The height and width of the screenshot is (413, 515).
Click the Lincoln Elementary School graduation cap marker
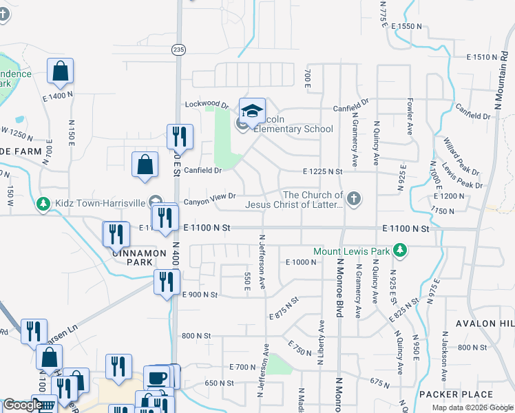click(252, 111)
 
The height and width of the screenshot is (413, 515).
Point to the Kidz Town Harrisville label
click(102, 204)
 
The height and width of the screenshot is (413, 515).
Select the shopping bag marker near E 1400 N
click(61, 72)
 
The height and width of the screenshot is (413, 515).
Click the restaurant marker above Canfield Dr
click(180, 136)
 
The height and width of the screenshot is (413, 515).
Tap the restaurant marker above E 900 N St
click(167, 282)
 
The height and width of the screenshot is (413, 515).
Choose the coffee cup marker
click(156, 378)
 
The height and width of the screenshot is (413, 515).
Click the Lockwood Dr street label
click(207, 105)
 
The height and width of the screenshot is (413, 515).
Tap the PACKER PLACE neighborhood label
click(455, 394)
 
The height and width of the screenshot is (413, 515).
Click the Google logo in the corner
click(21, 405)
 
